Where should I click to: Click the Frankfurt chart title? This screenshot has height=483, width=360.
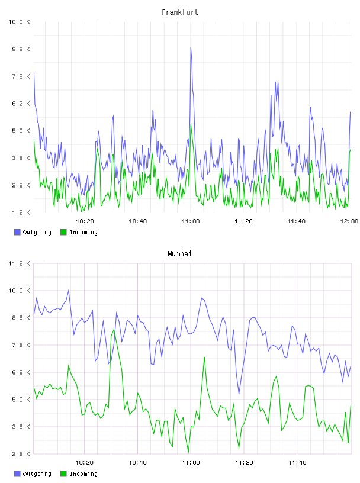(180, 12)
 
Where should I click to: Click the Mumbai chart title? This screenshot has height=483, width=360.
(179, 254)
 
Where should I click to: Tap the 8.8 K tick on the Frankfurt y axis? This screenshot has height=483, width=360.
(21, 49)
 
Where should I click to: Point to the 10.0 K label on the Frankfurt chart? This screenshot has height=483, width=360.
(19, 22)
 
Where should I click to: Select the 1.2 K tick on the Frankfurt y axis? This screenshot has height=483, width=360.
(21, 212)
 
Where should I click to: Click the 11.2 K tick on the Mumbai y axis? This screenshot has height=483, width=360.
(19, 263)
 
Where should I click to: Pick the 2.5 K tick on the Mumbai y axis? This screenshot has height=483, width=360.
(21, 454)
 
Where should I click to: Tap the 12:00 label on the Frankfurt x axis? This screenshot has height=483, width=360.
(349, 221)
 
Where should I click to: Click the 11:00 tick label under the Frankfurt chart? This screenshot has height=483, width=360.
(191, 221)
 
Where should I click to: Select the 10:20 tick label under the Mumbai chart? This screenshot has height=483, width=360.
(85, 462)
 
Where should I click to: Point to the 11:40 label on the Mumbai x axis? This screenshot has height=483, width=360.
(297, 462)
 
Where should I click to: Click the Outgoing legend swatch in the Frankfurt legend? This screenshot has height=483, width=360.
(17, 232)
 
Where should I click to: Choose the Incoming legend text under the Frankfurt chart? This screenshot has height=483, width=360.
(83, 232)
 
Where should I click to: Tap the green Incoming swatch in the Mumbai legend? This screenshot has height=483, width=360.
(63, 474)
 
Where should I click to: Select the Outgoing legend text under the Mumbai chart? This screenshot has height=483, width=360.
(37, 474)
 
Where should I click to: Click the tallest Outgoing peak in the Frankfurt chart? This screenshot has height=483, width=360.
(191, 48)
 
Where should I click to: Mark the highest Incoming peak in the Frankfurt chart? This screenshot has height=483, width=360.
(191, 125)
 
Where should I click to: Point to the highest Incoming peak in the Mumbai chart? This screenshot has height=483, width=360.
(114, 330)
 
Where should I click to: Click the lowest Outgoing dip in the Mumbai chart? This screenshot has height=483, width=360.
(239, 395)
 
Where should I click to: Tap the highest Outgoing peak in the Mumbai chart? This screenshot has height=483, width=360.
(69, 290)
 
